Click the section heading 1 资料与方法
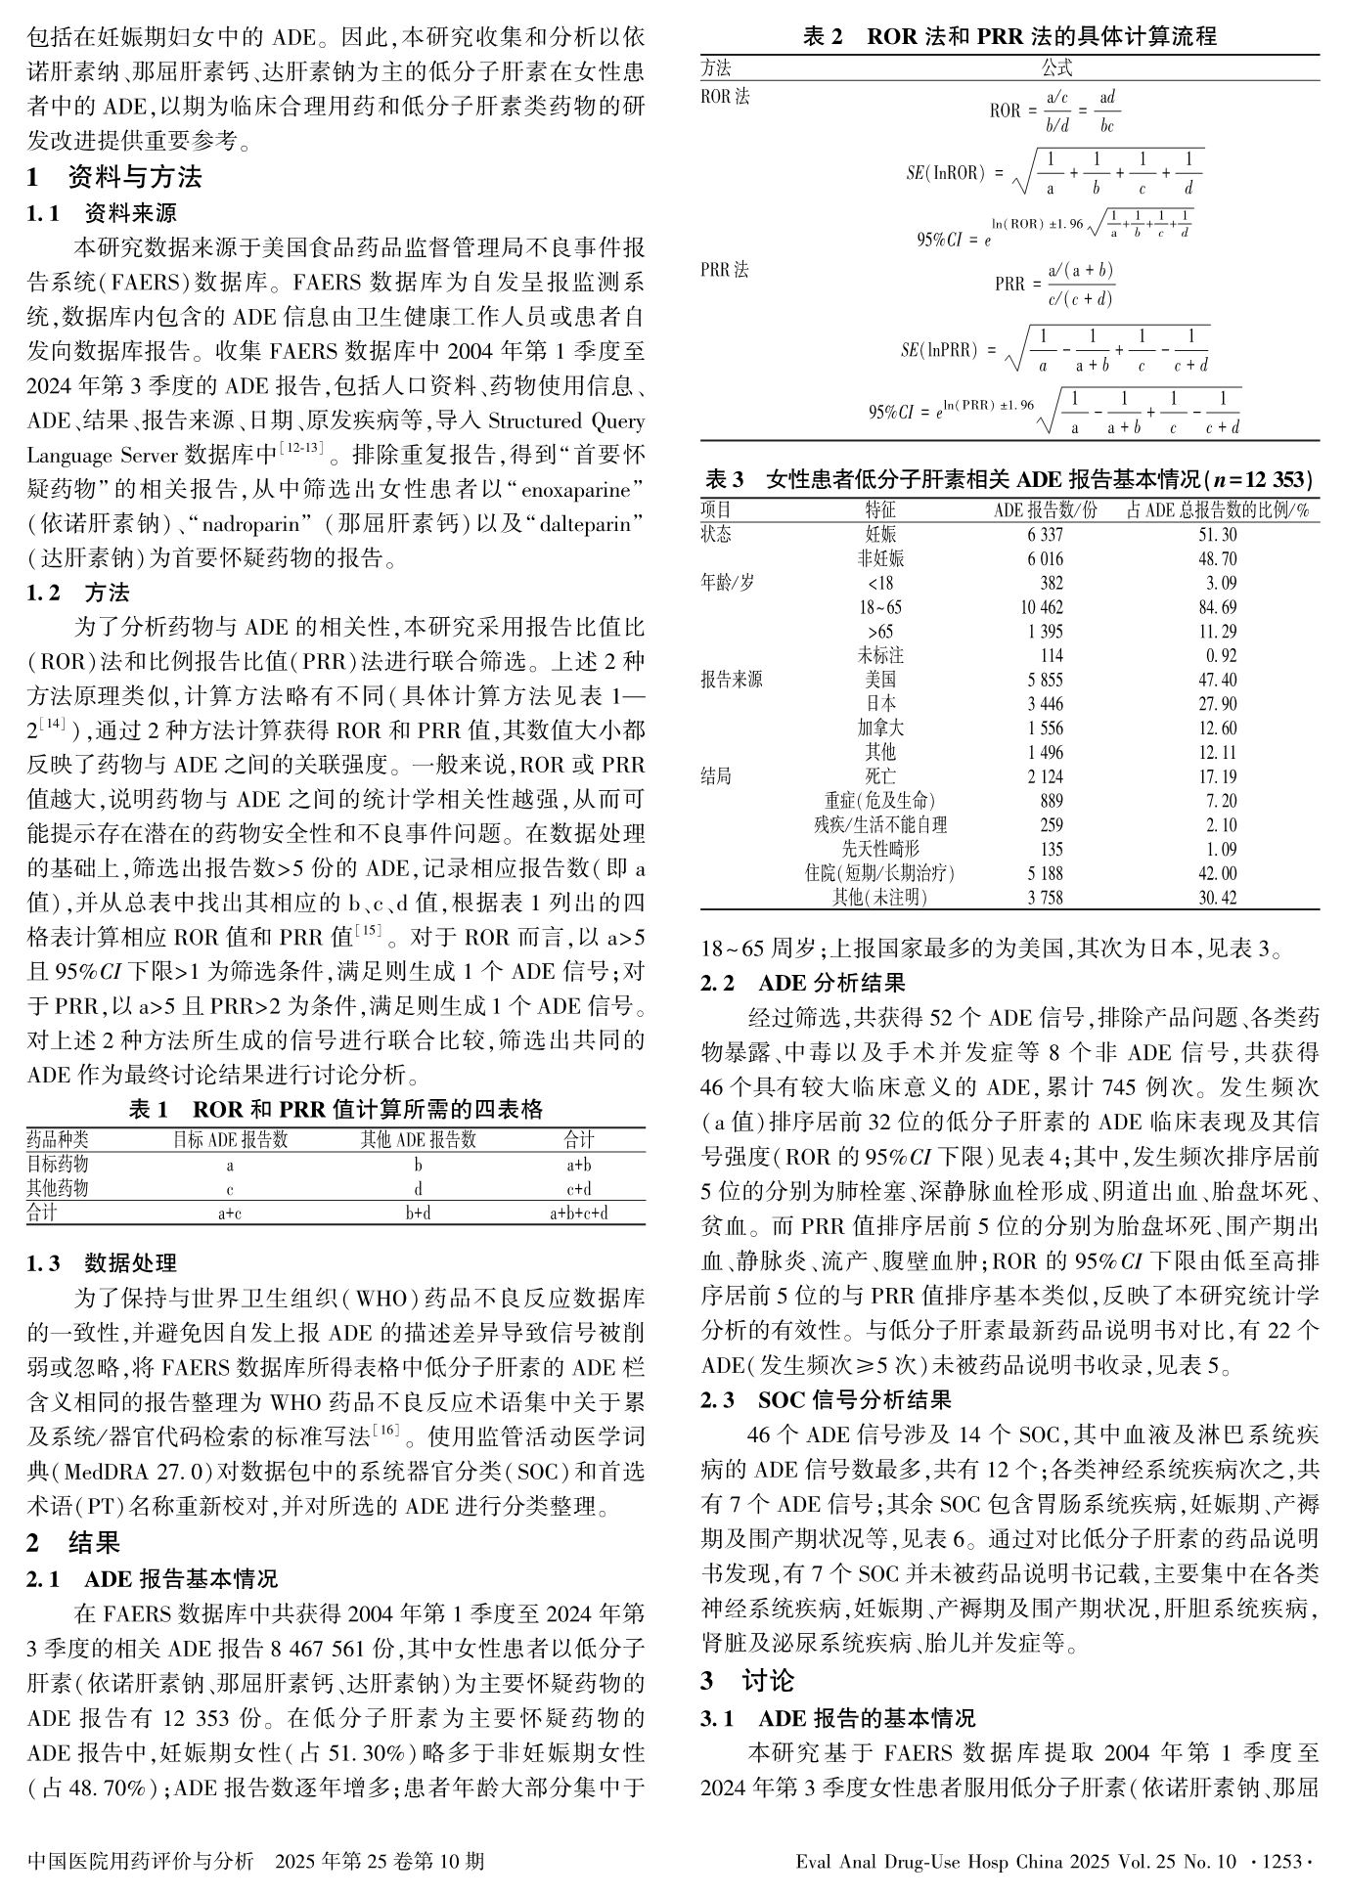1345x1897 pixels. (x=114, y=177)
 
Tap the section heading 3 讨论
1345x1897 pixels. (x=747, y=1681)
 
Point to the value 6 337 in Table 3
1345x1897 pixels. (x=1045, y=535)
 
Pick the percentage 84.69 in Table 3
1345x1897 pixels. (x=1218, y=607)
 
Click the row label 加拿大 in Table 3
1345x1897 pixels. (x=880, y=728)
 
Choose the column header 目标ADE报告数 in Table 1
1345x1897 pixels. (x=230, y=1139)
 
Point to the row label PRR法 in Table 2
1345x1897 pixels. (x=725, y=270)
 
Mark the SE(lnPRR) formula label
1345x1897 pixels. (x=938, y=349)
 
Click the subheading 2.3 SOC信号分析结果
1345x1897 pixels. (x=826, y=1400)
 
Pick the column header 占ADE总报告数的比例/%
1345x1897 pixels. (x=1218, y=509)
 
